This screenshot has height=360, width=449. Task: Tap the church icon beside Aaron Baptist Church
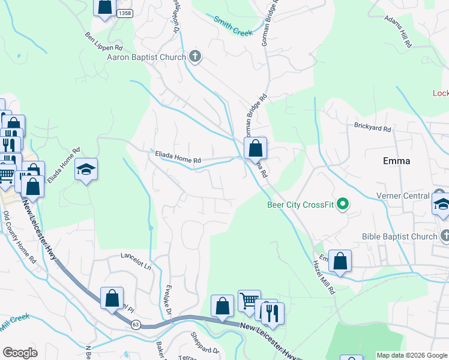point(194,57)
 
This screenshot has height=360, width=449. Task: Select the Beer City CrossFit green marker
point(343,205)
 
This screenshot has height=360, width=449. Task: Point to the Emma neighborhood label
point(397,161)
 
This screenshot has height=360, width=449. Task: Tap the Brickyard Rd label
point(372,128)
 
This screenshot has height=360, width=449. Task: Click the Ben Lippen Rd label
point(104,41)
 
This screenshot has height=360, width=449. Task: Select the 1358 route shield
point(125,13)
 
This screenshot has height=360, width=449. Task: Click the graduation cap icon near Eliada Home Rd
point(86,170)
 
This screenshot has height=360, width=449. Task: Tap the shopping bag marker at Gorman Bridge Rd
point(255,147)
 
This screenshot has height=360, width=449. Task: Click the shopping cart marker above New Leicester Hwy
point(249,300)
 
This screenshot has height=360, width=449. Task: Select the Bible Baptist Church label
point(399,236)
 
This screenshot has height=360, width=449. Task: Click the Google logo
point(20,353)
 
